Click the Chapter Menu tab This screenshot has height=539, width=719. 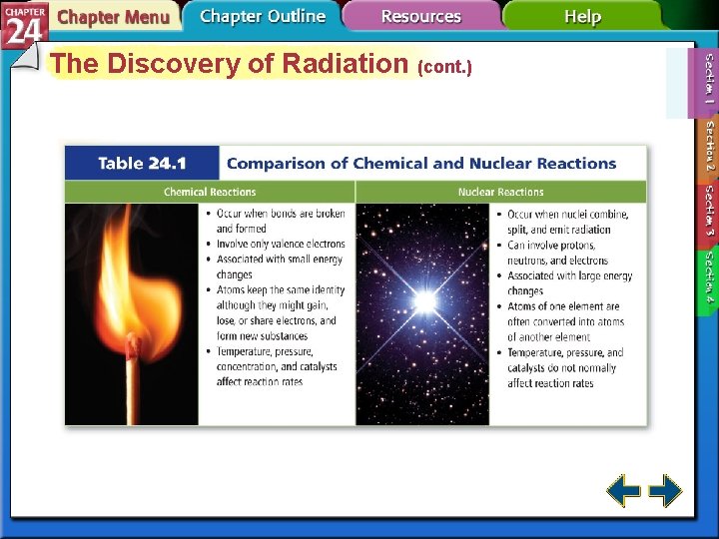(112, 17)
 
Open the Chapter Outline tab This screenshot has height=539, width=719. (262, 16)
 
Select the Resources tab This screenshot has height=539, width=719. (420, 17)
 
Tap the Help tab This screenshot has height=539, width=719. (582, 17)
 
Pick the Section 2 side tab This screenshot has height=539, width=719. (707, 149)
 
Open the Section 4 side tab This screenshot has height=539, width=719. (707, 276)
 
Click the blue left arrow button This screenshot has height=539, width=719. (624, 491)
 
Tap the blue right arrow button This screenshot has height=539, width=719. (665, 491)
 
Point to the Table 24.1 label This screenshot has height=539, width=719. (142, 164)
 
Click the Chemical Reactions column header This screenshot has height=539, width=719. (210, 192)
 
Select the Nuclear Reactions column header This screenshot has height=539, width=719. (500, 192)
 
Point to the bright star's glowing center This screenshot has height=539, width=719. (425, 300)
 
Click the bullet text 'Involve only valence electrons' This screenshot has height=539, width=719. (281, 244)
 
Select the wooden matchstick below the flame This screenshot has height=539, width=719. (131, 394)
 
